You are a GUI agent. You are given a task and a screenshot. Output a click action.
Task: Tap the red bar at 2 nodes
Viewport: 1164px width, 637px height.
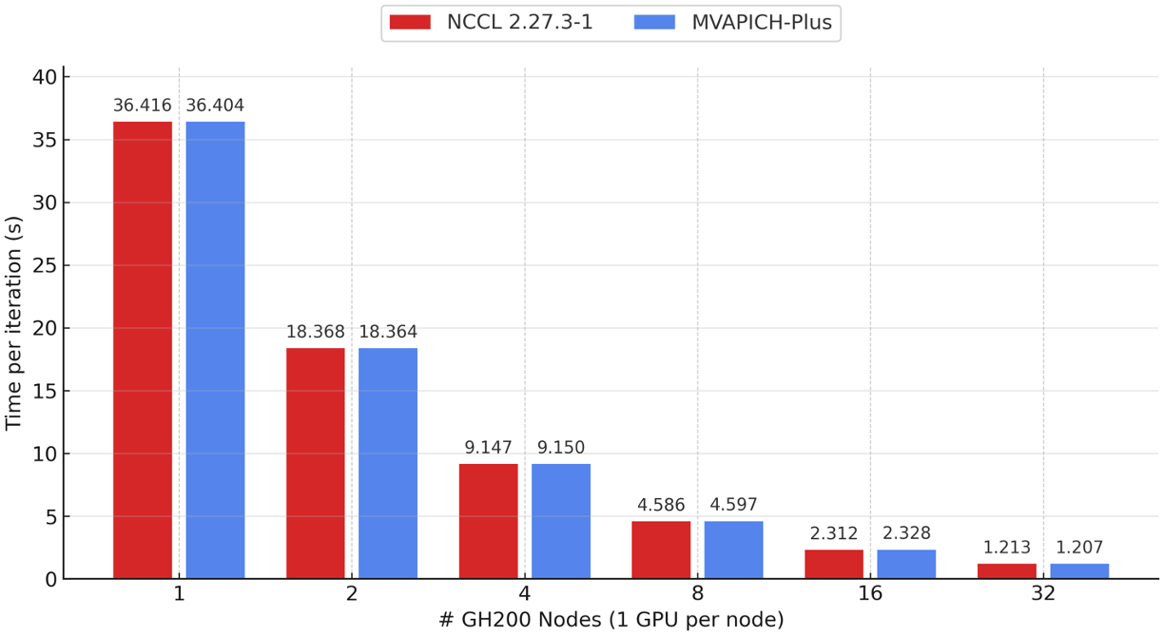pos(316,463)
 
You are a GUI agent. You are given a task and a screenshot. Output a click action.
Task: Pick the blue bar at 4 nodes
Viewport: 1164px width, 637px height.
pos(561,521)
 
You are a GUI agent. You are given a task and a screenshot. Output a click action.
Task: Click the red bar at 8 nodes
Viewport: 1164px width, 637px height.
pos(661,550)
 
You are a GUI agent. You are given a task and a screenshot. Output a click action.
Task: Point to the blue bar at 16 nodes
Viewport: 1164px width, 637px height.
pos(906,564)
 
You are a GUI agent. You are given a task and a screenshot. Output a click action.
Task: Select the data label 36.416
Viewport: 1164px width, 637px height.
pos(143,106)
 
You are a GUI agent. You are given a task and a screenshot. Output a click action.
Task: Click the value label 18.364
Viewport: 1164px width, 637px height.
pos(388,332)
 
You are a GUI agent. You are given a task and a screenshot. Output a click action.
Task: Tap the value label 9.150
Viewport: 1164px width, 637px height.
pos(561,448)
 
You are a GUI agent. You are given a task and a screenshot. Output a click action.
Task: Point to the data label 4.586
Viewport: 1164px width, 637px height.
pos(661,505)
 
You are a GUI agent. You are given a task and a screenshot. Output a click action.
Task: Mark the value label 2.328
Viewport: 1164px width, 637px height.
pos(906,533)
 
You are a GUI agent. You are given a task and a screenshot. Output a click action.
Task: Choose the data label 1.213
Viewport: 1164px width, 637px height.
pos(1007,548)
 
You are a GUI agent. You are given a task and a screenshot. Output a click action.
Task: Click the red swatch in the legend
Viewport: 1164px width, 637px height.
pos(410,22)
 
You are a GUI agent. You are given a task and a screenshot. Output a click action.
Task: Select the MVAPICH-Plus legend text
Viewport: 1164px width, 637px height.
pos(761,22)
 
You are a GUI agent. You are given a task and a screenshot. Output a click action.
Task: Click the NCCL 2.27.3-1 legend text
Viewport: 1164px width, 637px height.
pos(519,22)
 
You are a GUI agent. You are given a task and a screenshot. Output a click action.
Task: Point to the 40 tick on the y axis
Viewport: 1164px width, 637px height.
pos(46,77)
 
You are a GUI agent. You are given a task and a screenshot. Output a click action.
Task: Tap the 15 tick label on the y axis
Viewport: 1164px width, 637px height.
pos(46,391)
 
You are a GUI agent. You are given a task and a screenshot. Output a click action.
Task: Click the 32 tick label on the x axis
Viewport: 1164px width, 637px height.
pos(1043,593)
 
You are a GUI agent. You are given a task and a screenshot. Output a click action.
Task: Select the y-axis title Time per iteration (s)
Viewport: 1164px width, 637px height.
pos(13,323)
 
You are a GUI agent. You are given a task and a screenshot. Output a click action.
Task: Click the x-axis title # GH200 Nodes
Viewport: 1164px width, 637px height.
pos(611,620)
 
